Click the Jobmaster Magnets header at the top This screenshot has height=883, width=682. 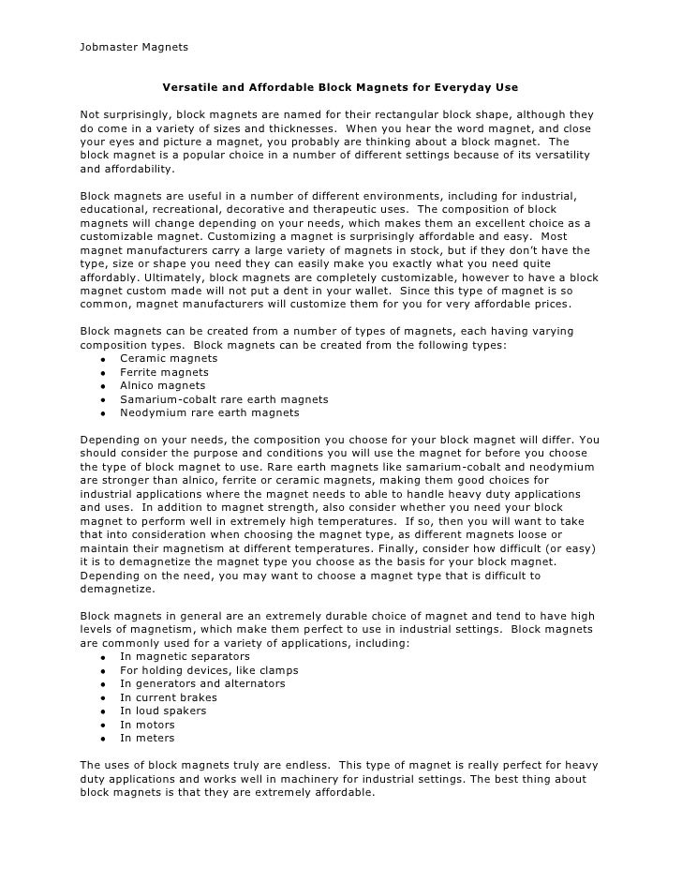click(x=135, y=47)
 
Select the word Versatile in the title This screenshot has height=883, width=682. click(x=191, y=88)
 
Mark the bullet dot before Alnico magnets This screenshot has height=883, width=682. click(x=100, y=385)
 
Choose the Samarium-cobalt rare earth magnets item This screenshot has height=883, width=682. click(x=224, y=399)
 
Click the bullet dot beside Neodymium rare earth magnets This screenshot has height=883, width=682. click(x=100, y=412)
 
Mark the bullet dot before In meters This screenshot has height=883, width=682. click(x=100, y=738)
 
